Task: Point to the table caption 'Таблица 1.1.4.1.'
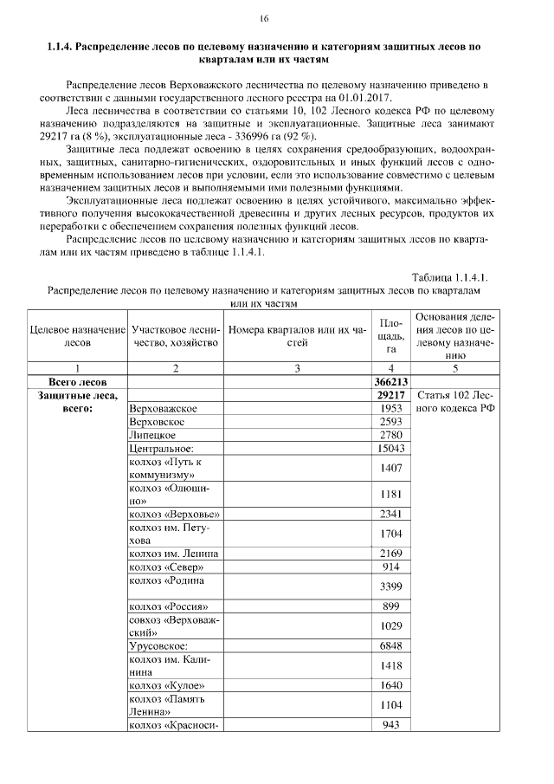[x=451, y=277]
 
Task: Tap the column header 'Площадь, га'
[x=390, y=335]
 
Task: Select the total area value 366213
[x=390, y=381]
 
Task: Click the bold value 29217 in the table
[x=390, y=395]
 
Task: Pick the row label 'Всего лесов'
[x=77, y=381]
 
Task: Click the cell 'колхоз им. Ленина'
[x=173, y=553]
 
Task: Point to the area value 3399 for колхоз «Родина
[x=390, y=586]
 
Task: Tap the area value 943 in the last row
[x=390, y=725]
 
